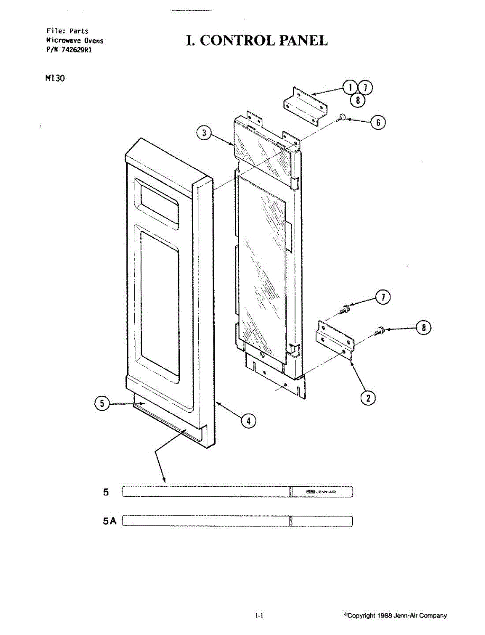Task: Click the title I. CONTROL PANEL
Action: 257,41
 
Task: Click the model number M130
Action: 55,78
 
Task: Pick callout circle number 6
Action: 378,122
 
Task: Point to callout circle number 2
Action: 368,397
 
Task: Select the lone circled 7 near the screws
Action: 383,298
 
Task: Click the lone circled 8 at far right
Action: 423,328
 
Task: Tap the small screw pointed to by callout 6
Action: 342,117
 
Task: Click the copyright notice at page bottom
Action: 395,615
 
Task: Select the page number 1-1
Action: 259,615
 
